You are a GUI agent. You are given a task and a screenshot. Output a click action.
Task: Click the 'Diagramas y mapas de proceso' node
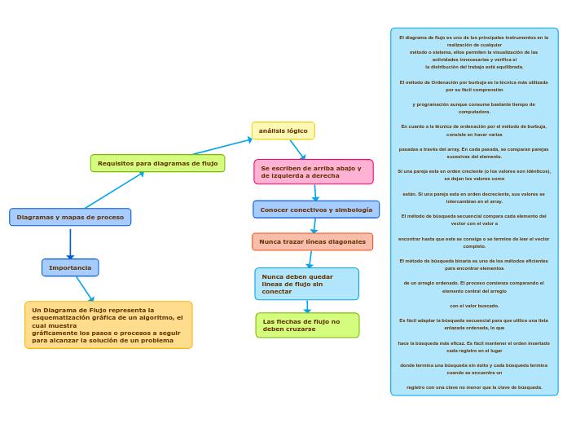70,217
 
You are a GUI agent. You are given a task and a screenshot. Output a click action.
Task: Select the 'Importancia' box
70,267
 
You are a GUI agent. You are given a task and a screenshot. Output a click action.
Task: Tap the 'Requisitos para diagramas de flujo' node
157,163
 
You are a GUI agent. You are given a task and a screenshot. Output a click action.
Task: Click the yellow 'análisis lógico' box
283,130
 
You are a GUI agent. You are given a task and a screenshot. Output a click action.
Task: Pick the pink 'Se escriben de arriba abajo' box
314,172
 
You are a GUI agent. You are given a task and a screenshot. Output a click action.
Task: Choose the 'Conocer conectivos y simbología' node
316,210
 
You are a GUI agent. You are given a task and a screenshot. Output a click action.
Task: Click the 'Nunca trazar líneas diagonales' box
312,241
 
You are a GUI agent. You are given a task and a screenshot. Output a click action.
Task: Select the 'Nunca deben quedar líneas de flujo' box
306,284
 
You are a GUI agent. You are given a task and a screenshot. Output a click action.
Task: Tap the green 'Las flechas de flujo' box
307,325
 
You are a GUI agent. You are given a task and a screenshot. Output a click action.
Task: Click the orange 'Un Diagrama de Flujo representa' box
108,325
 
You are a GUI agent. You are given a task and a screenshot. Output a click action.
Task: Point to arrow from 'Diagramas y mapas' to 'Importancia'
70,243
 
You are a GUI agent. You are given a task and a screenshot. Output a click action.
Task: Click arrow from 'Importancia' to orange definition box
85,289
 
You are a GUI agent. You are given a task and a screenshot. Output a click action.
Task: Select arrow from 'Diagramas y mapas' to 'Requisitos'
114,190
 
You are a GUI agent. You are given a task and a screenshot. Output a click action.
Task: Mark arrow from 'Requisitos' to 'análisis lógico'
222,147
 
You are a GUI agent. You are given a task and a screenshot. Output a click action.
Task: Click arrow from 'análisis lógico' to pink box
297,150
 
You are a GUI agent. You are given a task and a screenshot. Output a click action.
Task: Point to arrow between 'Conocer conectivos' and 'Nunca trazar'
314,226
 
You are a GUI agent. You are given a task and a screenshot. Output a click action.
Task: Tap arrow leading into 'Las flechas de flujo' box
307,307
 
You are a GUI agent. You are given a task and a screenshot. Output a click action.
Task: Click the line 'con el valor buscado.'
474,306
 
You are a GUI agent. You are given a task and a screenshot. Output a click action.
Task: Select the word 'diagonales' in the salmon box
346,241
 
